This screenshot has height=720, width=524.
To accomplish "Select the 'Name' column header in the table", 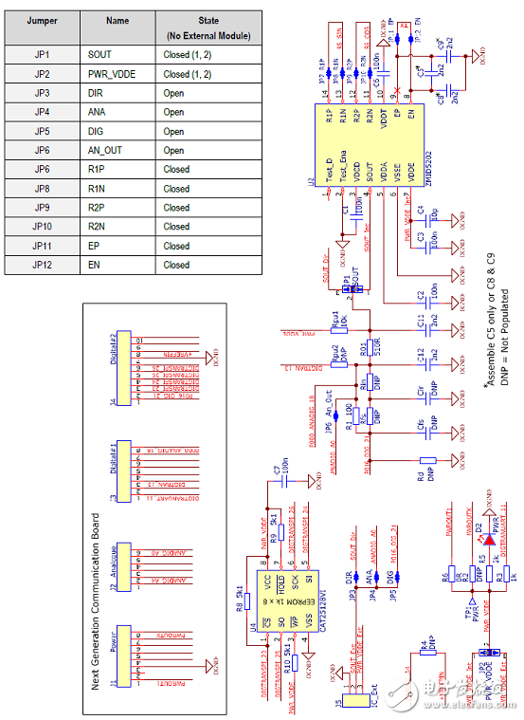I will coord(117,21).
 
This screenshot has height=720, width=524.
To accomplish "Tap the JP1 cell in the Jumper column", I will coord(41,55).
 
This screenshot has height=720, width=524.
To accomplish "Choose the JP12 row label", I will coord(41,265).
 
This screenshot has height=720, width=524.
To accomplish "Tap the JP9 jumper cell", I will coord(41,208).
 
